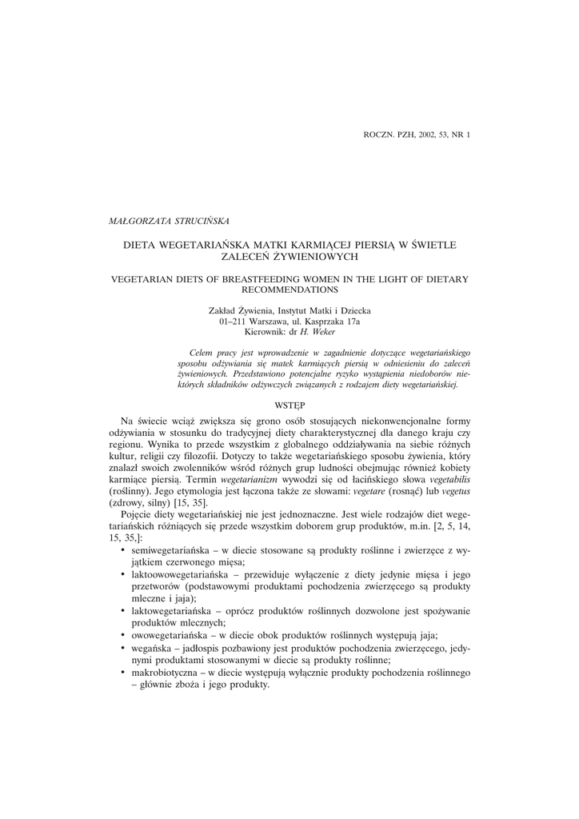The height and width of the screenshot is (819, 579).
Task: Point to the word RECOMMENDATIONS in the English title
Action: [x=289, y=290]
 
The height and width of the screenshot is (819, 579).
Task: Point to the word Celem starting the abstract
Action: [x=202, y=353]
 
